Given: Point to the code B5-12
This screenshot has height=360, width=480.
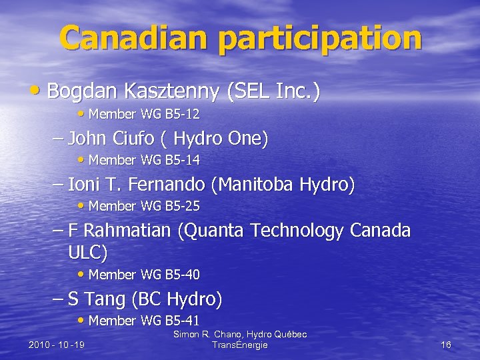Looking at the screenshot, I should [x=182, y=115].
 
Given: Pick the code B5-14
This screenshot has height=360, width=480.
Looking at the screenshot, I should [x=182, y=161].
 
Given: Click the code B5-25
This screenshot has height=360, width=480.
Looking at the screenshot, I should [x=182, y=206].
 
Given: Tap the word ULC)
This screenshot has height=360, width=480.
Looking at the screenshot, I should [x=87, y=253].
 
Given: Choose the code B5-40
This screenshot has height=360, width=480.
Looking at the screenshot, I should [x=182, y=275].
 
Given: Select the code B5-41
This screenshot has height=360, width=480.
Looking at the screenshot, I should [x=182, y=321].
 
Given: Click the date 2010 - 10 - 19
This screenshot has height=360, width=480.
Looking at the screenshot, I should [x=57, y=345].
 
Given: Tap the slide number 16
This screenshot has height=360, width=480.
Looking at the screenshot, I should [x=446, y=345].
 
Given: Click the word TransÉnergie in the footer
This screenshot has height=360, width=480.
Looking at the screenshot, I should [x=239, y=345].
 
